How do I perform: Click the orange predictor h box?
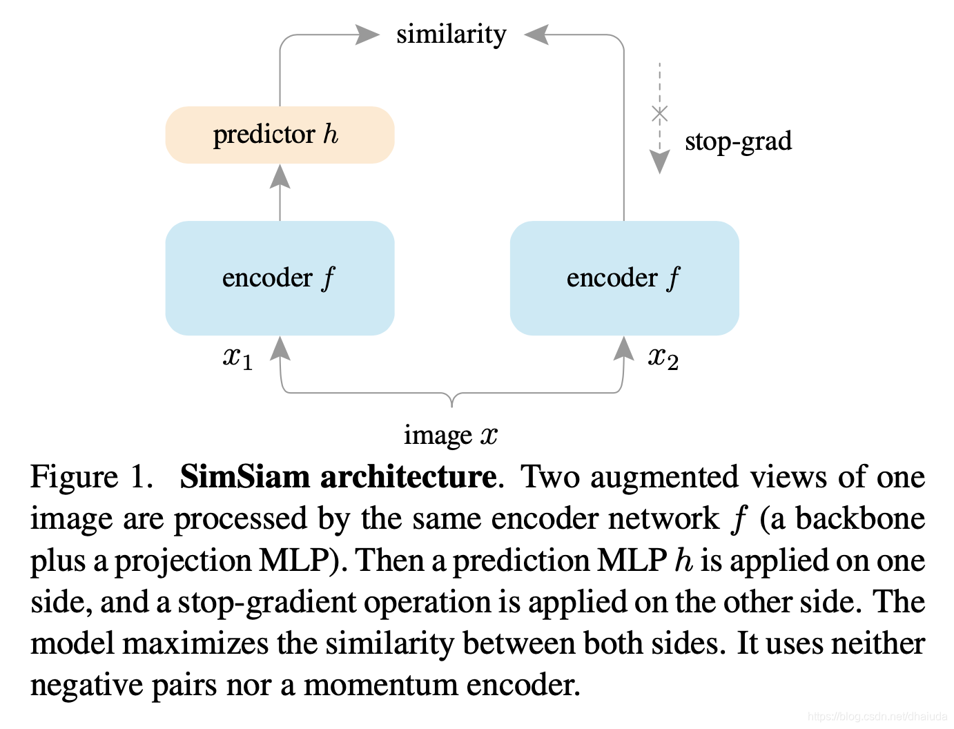pyautogui.click(x=280, y=135)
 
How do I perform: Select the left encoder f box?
pyautogui.click(x=280, y=278)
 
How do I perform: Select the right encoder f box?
pyautogui.click(x=624, y=278)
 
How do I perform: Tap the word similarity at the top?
pyautogui.click(x=451, y=34)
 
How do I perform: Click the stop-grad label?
pyautogui.click(x=738, y=141)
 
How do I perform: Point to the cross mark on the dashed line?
pyautogui.click(x=660, y=113)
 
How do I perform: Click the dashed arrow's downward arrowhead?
pyautogui.click(x=660, y=162)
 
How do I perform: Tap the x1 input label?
pyautogui.click(x=237, y=358)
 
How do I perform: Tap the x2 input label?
pyautogui.click(x=663, y=358)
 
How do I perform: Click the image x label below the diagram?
pyautogui.click(x=450, y=435)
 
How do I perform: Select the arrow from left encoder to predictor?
pyautogui.click(x=280, y=193)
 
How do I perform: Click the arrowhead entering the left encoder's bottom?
pyautogui.click(x=280, y=349)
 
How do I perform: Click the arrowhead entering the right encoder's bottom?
pyautogui.click(x=624, y=349)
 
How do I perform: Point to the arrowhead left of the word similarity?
pyautogui.click(x=367, y=34)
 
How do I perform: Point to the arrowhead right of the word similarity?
pyautogui.click(x=537, y=34)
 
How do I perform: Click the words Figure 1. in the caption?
pyautogui.click(x=91, y=477)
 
